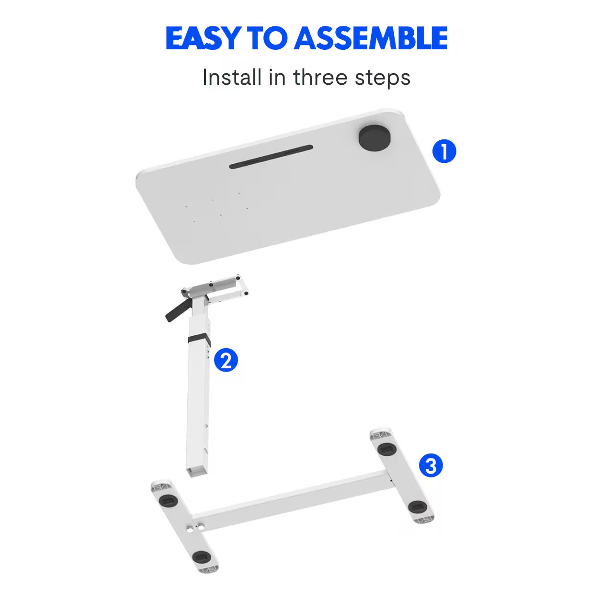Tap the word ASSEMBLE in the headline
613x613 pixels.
371,38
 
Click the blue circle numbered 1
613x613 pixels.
444,151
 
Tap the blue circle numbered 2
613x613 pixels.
226,360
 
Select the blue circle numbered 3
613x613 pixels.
431,465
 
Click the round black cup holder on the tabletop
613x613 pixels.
374,138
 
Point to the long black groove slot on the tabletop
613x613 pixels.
271,157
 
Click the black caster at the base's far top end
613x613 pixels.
386,449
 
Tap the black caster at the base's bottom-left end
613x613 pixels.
200,557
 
